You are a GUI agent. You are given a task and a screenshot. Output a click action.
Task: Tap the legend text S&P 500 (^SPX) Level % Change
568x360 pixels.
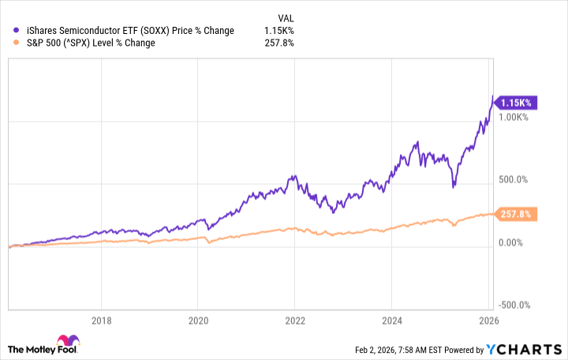(90, 43)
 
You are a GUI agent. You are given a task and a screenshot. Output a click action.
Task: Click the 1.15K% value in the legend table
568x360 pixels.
(280, 30)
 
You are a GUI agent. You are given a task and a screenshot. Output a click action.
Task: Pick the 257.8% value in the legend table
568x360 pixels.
(280, 43)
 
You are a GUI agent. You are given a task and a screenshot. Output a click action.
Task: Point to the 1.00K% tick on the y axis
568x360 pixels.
(514, 117)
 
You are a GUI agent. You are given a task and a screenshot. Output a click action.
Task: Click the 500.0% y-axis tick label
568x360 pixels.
(514, 180)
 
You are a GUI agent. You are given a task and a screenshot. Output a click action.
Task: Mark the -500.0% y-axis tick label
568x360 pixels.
(514, 306)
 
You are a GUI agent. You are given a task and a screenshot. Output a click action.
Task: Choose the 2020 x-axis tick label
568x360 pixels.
(198, 321)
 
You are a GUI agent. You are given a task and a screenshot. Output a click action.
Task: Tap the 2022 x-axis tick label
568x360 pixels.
(294, 321)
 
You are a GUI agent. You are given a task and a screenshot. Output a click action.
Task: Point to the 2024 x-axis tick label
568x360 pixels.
(392, 321)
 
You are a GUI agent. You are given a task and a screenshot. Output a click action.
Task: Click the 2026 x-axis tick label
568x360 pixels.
(488, 321)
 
